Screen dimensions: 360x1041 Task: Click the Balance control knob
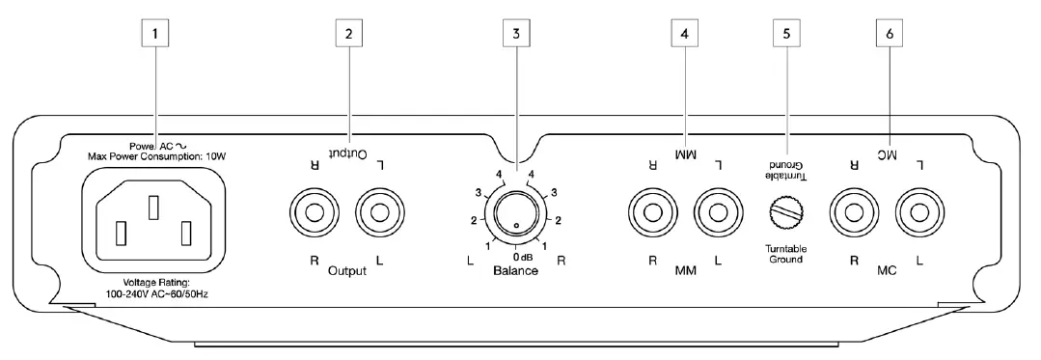(x=516, y=216)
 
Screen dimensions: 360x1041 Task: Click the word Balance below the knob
(x=516, y=273)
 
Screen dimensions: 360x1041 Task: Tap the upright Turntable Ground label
(x=786, y=254)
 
